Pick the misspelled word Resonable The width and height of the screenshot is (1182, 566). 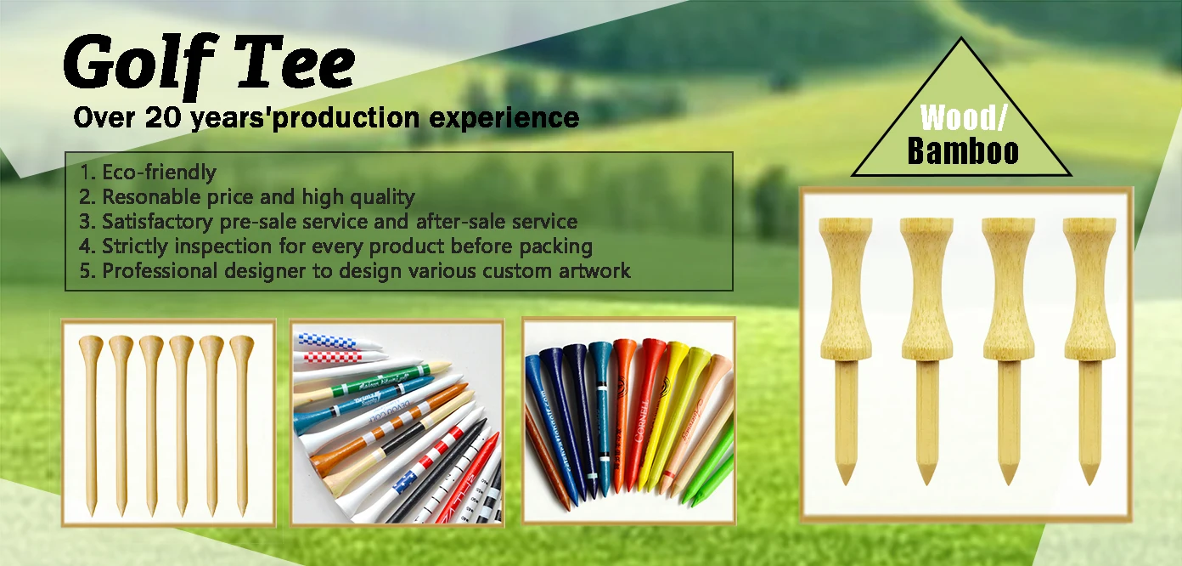pyautogui.click(x=145, y=197)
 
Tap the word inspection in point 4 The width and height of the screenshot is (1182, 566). pyautogui.click(x=220, y=246)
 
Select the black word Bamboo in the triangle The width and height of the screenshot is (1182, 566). pyautogui.click(x=963, y=151)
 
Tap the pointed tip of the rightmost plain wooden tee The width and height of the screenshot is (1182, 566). pyautogui.click(x=242, y=512)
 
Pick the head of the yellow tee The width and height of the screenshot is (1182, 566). pyautogui.click(x=677, y=350)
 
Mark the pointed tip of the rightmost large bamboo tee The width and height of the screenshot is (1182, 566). pyautogui.click(x=1089, y=479)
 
